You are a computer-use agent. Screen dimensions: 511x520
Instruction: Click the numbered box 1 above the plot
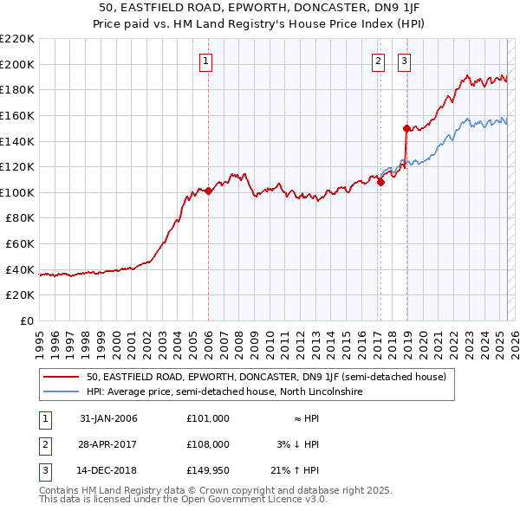[x=207, y=61]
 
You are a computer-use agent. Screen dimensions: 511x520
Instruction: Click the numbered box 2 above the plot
[x=379, y=61]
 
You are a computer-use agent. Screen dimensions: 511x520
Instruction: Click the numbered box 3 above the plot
[x=405, y=61]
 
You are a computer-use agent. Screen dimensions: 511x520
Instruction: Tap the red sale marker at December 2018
[x=406, y=128]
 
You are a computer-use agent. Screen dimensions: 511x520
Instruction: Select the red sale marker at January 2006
[x=208, y=191]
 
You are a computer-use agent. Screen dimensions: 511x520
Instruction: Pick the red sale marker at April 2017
[x=380, y=182]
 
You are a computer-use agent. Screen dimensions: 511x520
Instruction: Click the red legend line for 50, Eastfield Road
[x=61, y=377]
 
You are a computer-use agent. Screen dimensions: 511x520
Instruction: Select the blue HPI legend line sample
[x=61, y=391]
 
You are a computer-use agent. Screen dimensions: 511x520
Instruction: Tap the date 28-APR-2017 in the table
[x=108, y=444]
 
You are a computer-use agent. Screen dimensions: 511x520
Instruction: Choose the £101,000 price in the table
[x=208, y=418]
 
